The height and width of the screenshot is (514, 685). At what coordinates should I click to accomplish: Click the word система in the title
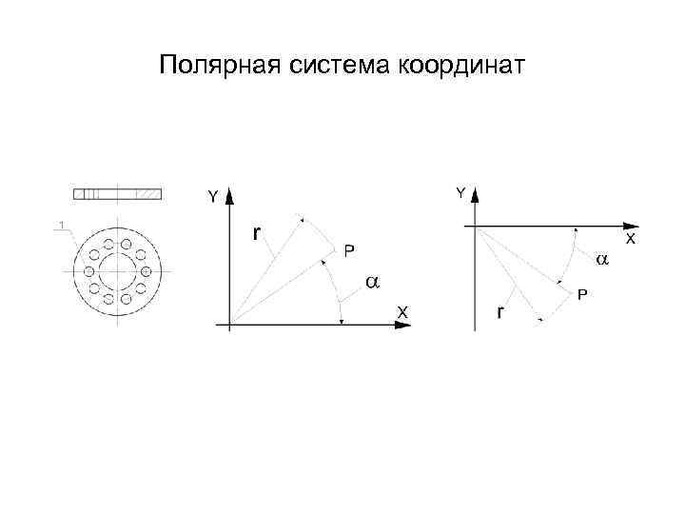click(336, 67)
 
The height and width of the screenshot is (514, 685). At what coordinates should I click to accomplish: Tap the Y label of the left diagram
click(213, 197)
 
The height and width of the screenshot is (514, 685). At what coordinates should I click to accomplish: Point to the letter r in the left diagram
click(257, 233)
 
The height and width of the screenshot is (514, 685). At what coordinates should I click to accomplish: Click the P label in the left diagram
click(349, 250)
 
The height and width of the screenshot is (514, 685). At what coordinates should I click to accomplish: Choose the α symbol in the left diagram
click(372, 283)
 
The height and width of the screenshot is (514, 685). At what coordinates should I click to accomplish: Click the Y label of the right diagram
click(460, 193)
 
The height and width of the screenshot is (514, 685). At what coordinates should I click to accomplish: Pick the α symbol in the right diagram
click(601, 259)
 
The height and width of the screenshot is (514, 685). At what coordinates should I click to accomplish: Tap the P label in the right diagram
click(582, 295)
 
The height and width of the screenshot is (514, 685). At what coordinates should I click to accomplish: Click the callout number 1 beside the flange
click(61, 226)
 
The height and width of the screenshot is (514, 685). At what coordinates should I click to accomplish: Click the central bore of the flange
click(118, 269)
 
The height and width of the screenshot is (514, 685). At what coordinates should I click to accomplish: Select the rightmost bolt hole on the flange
click(146, 269)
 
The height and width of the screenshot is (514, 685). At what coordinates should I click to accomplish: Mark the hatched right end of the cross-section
click(148, 193)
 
